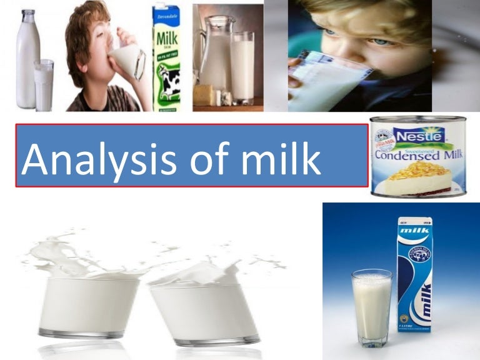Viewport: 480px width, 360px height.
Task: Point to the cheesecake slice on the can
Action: point(420,177)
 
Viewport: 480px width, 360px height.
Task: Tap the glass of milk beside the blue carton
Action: point(371,306)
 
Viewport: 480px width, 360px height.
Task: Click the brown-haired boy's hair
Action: point(84,25)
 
